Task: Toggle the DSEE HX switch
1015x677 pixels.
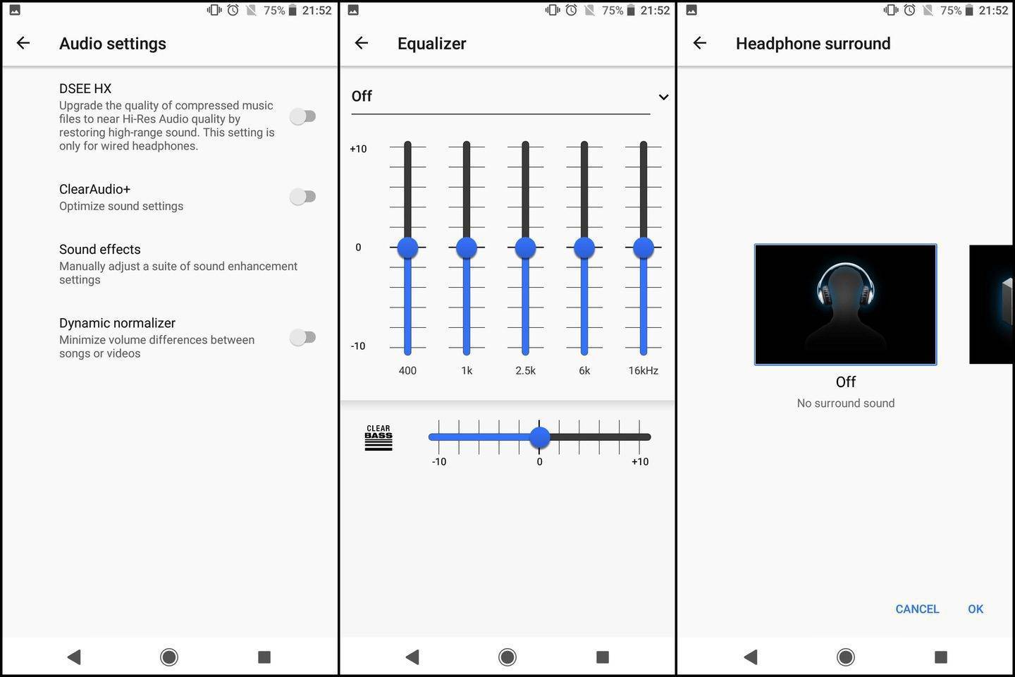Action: point(302,116)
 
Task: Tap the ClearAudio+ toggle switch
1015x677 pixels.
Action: point(302,196)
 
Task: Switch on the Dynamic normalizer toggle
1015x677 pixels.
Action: point(302,337)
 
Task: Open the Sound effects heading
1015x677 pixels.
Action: point(99,250)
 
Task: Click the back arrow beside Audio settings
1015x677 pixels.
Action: point(23,43)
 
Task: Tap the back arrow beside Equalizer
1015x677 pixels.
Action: point(361,43)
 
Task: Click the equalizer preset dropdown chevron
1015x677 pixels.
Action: point(663,97)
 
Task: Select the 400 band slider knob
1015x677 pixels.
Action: point(407,248)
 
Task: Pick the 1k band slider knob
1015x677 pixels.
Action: point(467,248)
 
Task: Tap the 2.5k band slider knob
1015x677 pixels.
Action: point(525,248)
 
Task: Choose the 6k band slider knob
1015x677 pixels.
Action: point(584,248)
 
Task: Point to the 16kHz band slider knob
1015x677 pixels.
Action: point(644,248)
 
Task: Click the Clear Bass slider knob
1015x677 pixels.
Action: point(539,437)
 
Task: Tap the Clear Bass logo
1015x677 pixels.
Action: point(379,437)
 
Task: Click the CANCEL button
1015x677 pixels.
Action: point(917,609)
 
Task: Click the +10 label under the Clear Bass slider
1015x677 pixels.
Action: point(640,462)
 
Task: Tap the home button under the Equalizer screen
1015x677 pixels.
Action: point(507,657)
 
